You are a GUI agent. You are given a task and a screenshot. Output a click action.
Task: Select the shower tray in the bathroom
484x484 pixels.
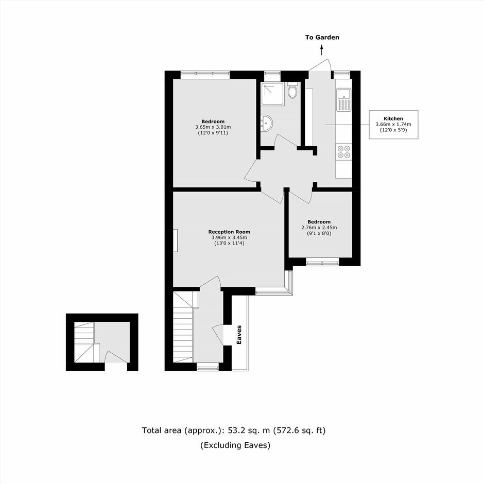273,93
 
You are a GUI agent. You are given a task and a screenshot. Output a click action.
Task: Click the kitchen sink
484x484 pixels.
343,100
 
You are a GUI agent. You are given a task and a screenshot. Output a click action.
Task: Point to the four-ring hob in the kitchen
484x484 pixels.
344,151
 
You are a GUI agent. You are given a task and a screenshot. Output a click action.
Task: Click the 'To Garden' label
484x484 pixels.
322,38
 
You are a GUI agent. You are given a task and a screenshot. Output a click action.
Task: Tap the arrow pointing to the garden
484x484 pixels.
322,50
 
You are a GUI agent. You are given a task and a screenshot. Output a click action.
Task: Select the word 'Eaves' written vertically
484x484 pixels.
238,335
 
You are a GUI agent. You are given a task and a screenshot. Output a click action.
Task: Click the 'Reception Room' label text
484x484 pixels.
229,232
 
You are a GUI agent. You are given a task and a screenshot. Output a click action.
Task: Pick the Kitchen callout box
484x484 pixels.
393,125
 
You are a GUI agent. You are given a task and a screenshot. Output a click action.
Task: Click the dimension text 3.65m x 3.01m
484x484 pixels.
213,127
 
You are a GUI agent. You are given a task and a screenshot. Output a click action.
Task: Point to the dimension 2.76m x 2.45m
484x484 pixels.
319,228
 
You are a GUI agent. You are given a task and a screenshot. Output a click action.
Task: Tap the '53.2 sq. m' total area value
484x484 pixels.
249,430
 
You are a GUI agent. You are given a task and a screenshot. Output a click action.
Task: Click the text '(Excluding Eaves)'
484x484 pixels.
235,445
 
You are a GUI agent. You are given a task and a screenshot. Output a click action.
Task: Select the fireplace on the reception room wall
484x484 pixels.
176,240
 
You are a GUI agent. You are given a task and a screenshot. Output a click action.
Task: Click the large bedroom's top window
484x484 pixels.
205,73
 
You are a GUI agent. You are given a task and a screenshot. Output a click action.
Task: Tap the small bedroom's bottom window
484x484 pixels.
322,263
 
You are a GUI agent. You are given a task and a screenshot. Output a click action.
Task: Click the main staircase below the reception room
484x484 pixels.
183,327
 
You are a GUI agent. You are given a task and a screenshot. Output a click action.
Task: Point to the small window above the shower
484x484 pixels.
272,73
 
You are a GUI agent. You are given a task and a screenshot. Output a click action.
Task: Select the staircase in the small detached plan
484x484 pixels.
84,342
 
